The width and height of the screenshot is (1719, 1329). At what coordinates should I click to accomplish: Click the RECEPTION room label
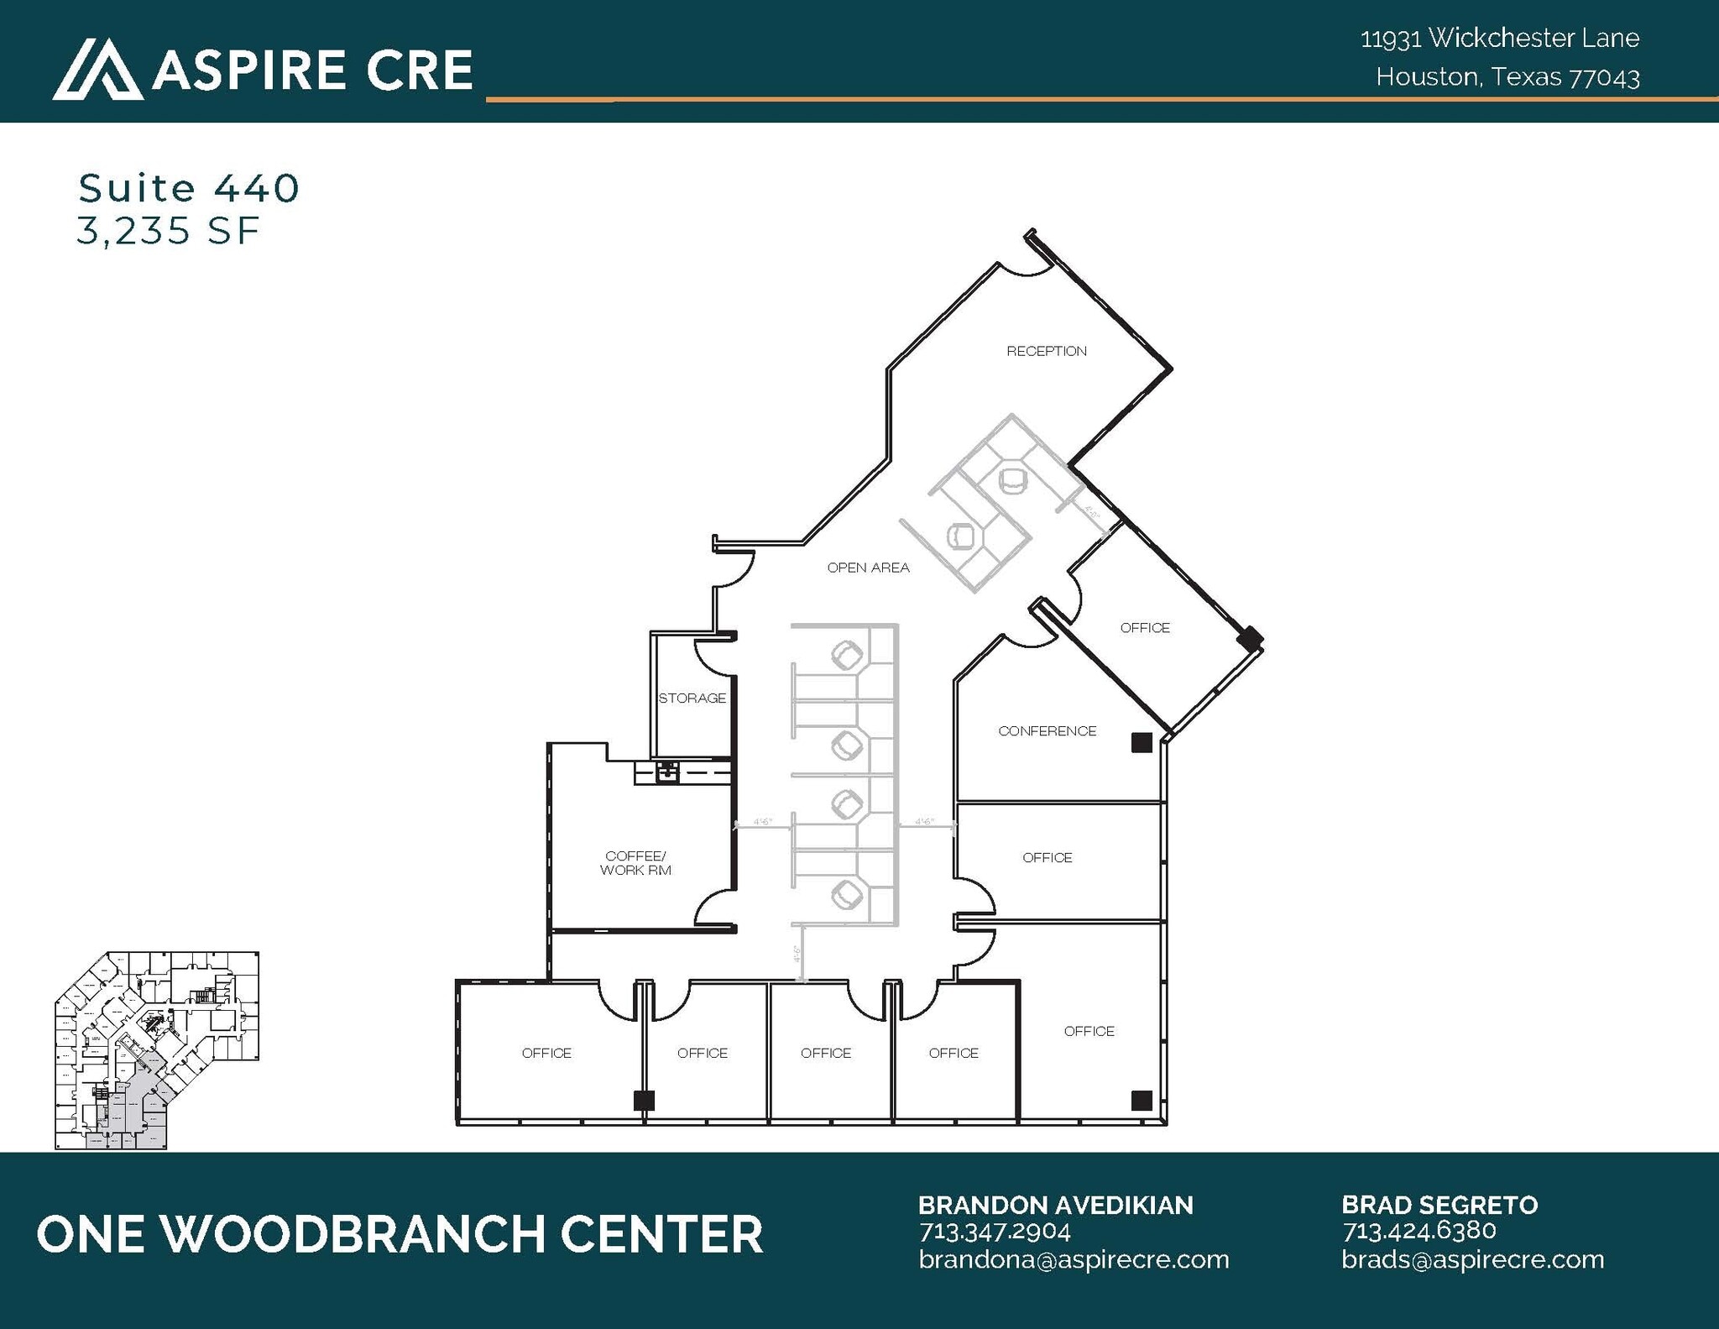pyautogui.click(x=1046, y=351)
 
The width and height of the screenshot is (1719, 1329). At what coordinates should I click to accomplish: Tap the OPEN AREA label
pyautogui.click(x=868, y=568)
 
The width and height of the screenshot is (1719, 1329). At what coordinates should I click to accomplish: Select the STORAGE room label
pyautogui.click(x=692, y=698)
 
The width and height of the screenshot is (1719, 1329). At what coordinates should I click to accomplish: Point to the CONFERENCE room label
pyautogui.click(x=1047, y=731)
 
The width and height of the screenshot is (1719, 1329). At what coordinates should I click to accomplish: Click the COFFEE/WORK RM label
pyautogui.click(x=635, y=863)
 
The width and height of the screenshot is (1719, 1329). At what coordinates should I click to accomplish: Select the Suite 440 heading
pyautogui.click(x=189, y=188)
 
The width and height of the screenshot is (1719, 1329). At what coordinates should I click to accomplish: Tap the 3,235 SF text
pyautogui.click(x=168, y=232)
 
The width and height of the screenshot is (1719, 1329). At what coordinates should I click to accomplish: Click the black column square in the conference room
pyautogui.click(x=1141, y=742)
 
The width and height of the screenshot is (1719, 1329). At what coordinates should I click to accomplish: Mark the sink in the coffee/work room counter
pyautogui.click(x=666, y=771)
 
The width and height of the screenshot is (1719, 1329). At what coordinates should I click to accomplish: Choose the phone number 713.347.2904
pyautogui.click(x=995, y=1232)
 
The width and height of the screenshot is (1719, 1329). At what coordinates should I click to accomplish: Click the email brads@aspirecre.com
pyautogui.click(x=1472, y=1259)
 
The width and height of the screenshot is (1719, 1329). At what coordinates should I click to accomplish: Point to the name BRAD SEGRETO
pyautogui.click(x=1439, y=1205)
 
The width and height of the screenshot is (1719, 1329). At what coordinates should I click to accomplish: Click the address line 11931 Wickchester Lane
pyautogui.click(x=1499, y=38)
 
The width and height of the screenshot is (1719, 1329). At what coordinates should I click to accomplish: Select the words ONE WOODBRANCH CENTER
pyautogui.click(x=400, y=1234)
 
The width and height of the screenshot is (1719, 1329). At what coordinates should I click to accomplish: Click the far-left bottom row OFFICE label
pyautogui.click(x=546, y=1053)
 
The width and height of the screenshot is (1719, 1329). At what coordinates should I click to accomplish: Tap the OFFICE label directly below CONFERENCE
pyautogui.click(x=1047, y=857)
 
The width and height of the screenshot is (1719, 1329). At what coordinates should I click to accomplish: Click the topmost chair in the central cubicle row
pyautogui.click(x=847, y=654)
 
